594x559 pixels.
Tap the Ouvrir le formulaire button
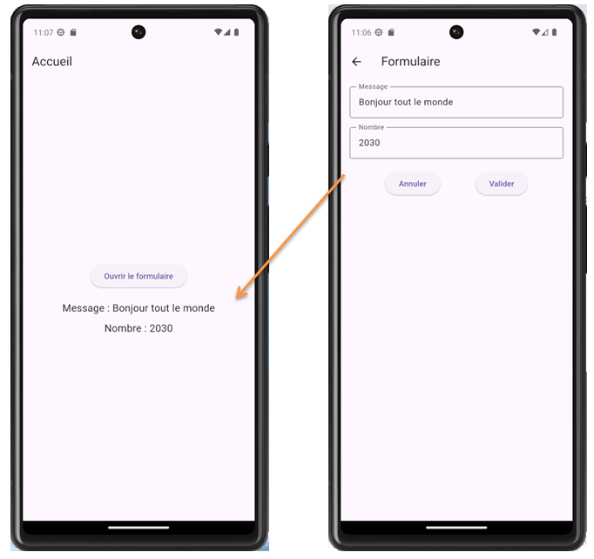(138, 276)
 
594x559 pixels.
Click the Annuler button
(413, 184)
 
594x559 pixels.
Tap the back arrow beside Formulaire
(356, 62)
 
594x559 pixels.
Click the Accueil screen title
(52, 62)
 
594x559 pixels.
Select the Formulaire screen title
(410, 62)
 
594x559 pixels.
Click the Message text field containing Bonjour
(456, 103)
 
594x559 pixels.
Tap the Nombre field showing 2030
(456, 143)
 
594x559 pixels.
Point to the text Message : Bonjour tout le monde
(138, 308)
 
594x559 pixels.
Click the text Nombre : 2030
(138, 328)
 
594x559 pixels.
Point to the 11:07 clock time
(44, 32)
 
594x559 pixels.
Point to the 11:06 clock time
(361, 32)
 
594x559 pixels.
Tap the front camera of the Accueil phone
(138, 32)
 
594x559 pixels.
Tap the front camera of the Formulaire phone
(456, 32)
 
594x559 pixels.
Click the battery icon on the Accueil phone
(236, 32)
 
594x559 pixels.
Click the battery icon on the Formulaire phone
(554, 32)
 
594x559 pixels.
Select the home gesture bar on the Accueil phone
(138, 527)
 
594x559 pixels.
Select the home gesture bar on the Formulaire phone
(456, 527)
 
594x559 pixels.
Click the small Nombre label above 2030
(371, 128)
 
